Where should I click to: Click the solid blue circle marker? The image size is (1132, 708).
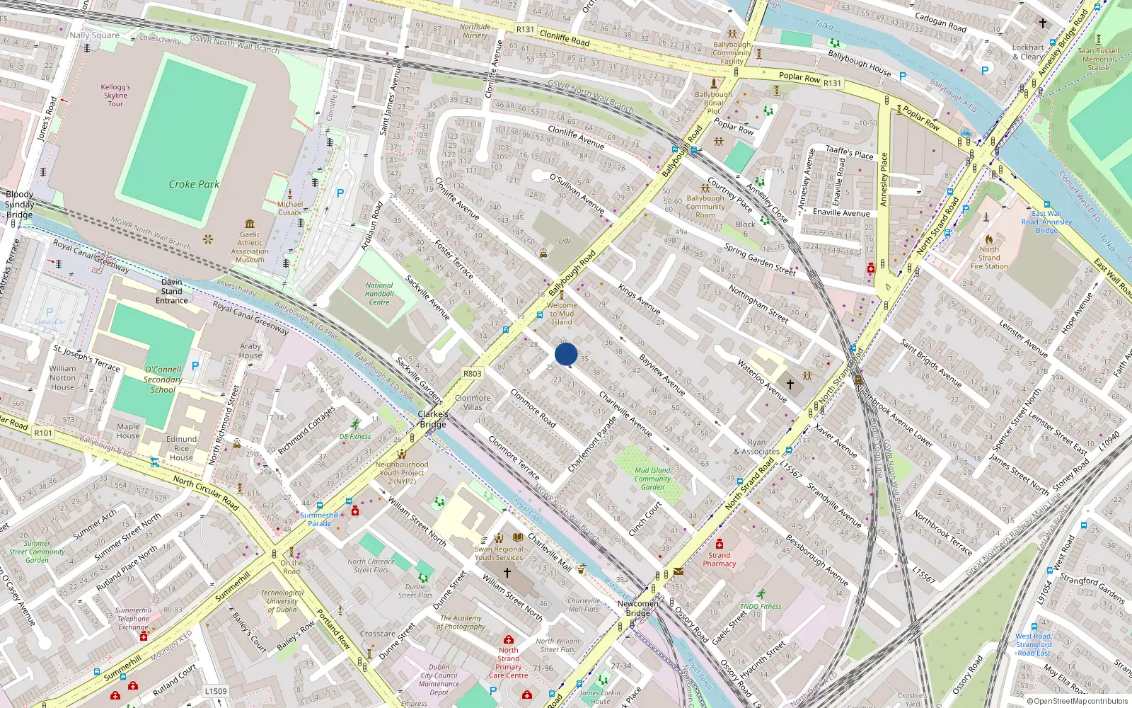point(566,354)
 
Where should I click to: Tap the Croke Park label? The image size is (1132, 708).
point(194,184)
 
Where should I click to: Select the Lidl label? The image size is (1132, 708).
point(564,241)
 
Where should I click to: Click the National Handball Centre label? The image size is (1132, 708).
point(379,294)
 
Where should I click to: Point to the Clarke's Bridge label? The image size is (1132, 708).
point(433,419)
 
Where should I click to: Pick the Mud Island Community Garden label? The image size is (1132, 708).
point(652,479)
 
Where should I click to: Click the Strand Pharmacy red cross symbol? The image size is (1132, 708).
point(719,544)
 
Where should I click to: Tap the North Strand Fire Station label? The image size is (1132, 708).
point(989,258)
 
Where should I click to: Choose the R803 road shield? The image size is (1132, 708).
point(472,374)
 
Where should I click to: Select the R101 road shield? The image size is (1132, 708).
point(43,433)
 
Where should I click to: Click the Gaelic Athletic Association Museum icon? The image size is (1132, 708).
point(250,222)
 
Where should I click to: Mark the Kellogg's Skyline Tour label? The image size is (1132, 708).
point(115,96)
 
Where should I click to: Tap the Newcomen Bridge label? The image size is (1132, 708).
point(637,608)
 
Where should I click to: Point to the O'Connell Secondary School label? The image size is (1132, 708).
point(163,379)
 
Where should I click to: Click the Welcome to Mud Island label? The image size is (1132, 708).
point(562,314)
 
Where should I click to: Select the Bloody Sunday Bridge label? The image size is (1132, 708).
point(19,205)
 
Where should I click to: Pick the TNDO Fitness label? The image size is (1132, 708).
point(761,606)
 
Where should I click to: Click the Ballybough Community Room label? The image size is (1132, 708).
point(705,207)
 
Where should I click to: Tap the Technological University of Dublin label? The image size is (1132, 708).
point(282,601)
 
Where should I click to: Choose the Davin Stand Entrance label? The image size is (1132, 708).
point(171,291)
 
